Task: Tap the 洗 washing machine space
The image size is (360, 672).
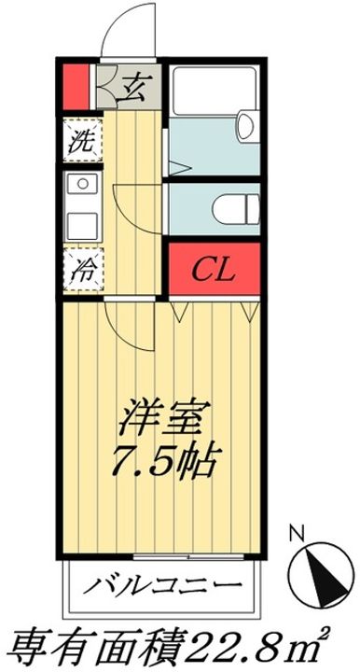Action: (x=83, y=140)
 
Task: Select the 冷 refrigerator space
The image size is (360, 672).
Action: (x=83, y=269)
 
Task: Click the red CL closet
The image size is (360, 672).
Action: (x=214, y=269)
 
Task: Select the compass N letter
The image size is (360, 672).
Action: (x=297, y=535)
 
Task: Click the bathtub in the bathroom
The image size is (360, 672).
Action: (x=215, y=91)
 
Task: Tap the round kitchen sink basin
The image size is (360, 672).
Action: (x=83, y=185)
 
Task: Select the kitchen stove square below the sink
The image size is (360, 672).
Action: (x=83, y=226)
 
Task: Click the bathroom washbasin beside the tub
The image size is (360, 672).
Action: (x=247, y=126)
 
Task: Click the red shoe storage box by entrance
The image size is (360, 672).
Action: (x=76, y=87)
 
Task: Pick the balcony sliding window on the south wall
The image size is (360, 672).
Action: (x=188, y=556)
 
